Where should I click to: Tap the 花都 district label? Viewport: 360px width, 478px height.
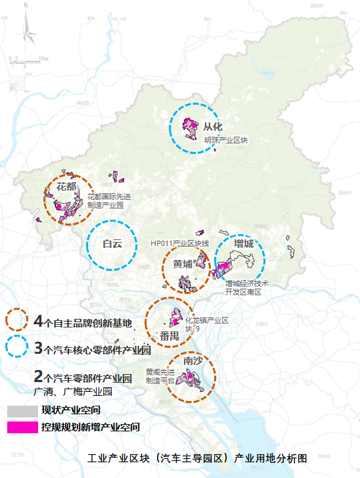pos(67,187)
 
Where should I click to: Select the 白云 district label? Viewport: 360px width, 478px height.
pos(112,244)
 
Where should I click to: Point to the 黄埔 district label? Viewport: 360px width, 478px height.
pos(183,264)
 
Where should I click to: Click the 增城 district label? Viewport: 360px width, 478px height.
pos(244,243)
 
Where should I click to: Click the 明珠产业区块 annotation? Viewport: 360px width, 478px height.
pos(226,140)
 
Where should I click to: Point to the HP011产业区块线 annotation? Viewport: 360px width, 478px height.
pos(179,244)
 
